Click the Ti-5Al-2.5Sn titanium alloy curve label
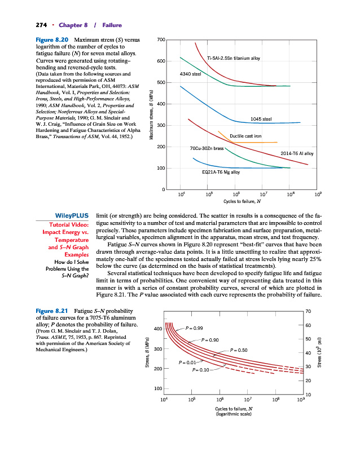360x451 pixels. [x=234, y=58]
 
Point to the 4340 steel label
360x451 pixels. [x=190, y=74]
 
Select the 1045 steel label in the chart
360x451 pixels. [x=261, y=119]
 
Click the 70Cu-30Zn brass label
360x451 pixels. [x=207, y=148]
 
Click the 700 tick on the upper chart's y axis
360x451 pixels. [x=161, y=39]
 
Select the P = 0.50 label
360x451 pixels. [x=239, y=351]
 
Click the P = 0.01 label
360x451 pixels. [x=187, y=362]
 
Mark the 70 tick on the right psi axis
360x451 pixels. [x=308, y=311]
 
